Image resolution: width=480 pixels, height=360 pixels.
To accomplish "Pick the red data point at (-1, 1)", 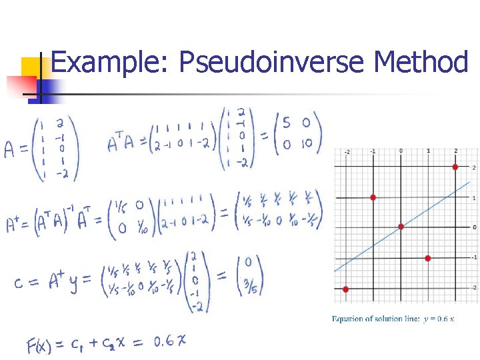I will (x=373, y=197).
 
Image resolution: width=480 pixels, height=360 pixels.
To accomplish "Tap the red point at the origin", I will (x=401, y=227).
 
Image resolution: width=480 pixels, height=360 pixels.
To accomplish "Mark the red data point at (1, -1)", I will (x=428, y=258).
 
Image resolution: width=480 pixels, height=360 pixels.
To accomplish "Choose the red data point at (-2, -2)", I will (x=345, y=289).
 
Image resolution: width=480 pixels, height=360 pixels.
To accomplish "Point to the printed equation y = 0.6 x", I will (x=439, y=319).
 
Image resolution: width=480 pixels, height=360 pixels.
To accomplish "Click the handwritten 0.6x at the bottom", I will (x=170, y=341).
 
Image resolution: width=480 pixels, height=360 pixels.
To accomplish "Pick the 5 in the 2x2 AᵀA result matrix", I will (x=286, y=123).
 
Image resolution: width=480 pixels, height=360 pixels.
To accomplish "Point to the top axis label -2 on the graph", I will (x=346, y=152).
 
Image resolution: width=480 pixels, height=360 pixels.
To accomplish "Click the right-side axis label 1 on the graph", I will (x=474, y=198).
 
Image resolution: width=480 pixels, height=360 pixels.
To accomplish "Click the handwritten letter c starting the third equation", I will (x=21, y=283).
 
